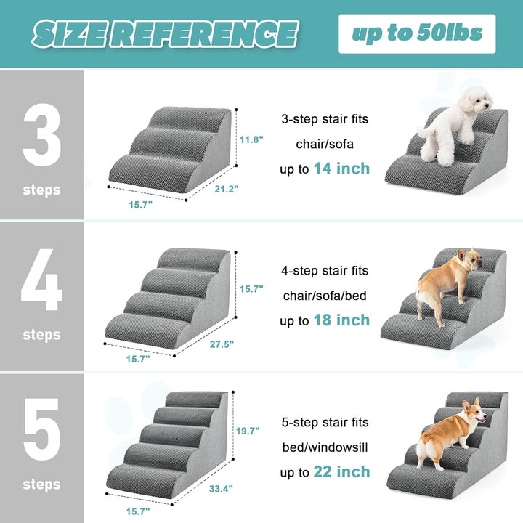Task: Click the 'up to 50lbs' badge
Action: point(417,33)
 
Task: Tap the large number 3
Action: point(41,135)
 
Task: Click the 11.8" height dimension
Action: point(252,139)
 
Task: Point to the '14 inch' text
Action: point(341,169)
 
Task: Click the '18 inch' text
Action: point(341,320)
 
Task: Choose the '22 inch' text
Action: point(341,472)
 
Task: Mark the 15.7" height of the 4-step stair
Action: point(252,288)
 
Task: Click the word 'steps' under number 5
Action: point(41,484)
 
